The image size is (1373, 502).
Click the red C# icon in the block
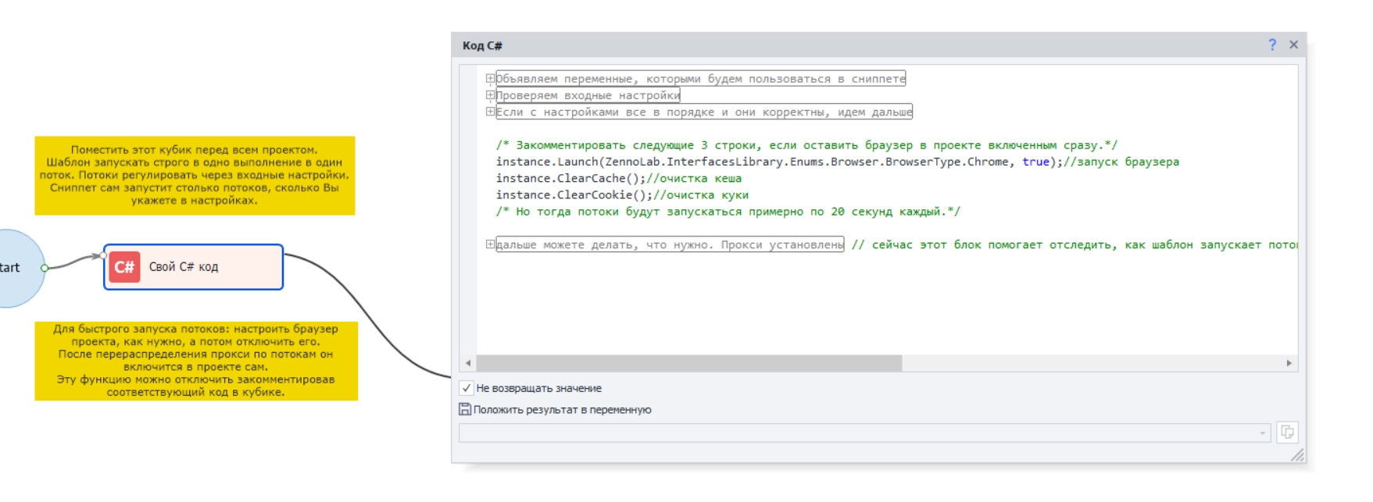pos(124,267)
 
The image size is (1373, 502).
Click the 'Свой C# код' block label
pos(184,267)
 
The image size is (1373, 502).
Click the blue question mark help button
pos(1272,45)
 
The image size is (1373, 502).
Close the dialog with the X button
pos(1294,45)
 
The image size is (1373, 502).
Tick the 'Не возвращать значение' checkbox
pos(467,388)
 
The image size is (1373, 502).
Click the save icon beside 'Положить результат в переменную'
pos(465,409)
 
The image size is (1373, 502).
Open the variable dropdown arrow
pos(1263,433)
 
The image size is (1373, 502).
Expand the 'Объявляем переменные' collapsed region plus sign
pos(490,78)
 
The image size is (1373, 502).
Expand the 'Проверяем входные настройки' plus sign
pos(490,95)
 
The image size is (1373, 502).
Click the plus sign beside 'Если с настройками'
pos(490,112)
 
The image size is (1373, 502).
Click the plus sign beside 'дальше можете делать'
pos(490,244)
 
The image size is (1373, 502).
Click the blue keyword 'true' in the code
pos(1035,162)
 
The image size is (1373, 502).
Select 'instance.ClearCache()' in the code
pos(560,179)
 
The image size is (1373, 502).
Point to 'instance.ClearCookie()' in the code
pos(563,195)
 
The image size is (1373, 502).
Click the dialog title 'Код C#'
pos(482,46)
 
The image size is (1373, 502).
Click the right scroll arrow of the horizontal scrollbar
pos(1289,363)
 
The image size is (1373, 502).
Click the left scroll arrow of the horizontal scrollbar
pos(468,363)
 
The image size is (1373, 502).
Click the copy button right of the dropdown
pos(1287,433)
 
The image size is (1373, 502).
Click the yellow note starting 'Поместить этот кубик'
pos(195,175)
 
